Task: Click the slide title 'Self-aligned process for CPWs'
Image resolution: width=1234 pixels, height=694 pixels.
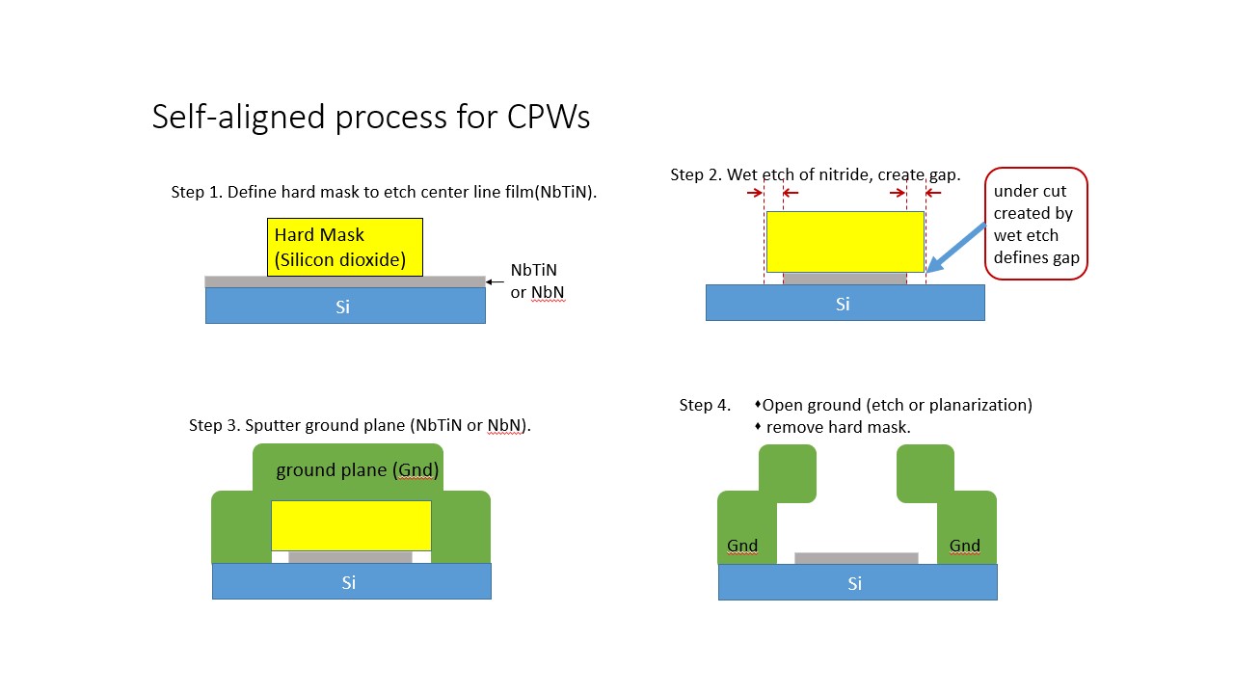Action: click(371, 117)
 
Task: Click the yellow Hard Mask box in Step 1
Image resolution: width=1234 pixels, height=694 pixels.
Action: click(344, 247)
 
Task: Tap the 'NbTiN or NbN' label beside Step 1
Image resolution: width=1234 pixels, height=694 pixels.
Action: click(537, 282)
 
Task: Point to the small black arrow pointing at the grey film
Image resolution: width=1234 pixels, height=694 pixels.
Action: click(496, 281)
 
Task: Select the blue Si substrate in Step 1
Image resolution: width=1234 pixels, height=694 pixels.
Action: click(345, 306)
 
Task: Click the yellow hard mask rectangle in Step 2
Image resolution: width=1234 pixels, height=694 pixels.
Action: click(845, 242)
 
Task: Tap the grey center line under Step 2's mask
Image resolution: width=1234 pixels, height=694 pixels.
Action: click(845, 278)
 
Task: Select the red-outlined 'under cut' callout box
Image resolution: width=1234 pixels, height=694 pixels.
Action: click(1035, 224)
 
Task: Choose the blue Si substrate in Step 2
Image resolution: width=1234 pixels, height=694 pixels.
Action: click(845, 303)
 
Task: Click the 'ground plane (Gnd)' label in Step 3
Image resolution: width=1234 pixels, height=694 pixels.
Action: click(357, 470)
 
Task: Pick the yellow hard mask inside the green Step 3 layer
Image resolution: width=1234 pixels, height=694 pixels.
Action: click(351, 525)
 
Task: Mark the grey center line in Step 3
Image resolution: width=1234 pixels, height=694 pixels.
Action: click(350, 557)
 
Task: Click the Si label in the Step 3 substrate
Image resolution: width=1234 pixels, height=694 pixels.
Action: click(349, 582)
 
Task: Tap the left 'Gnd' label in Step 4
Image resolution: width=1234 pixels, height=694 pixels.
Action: click(742, 546)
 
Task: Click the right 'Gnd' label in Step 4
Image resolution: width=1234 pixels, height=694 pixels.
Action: click(964, 546)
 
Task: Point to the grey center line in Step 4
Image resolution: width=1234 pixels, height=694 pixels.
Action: click(856, 558)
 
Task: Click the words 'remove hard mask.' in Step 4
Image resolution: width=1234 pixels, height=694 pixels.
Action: click(838, 427)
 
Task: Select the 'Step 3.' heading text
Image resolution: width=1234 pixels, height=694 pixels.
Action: click(215, 425)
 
